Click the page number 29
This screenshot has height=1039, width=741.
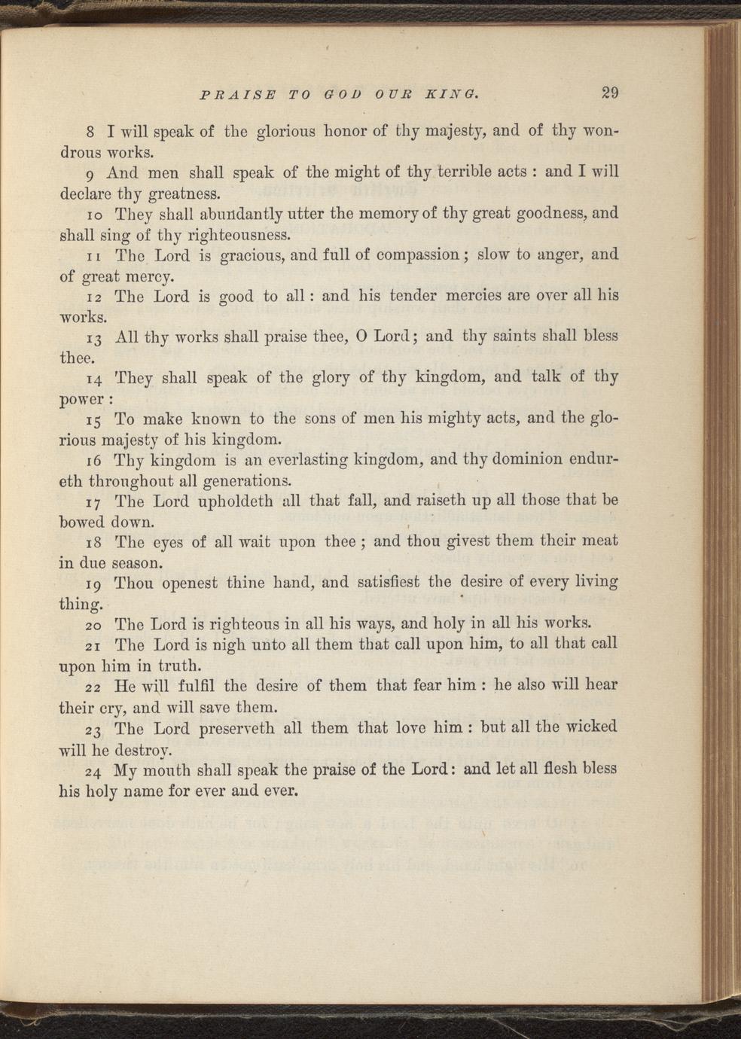point(609,93)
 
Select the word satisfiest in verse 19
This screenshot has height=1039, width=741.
point(388,581)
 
